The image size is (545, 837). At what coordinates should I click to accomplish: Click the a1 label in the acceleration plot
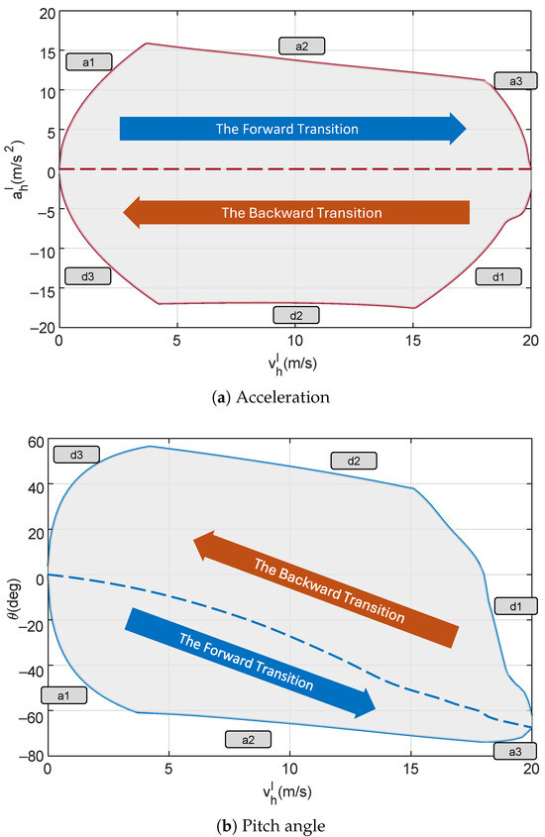88,61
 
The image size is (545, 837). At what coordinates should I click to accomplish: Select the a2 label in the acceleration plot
301,46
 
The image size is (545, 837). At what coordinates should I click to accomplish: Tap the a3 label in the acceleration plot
514,81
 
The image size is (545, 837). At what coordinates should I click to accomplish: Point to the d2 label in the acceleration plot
296,315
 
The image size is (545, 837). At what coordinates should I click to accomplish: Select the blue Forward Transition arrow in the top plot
292,129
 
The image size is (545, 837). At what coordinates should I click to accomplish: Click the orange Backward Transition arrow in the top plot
295,212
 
